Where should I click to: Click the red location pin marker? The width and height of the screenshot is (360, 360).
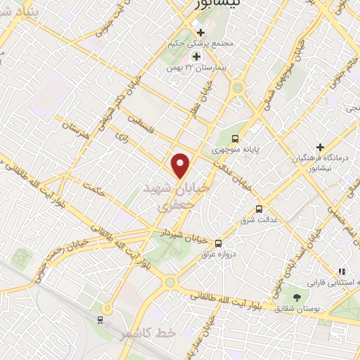(x=181, y=165)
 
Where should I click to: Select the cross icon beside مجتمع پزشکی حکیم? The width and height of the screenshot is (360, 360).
(x=201, y=32)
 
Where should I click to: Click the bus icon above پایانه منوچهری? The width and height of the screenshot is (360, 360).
(x=235, y=139)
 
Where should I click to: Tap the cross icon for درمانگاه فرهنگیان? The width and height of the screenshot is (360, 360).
(x=321, y=147)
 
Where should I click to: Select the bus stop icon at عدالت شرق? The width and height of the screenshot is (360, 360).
(x=259, y=209)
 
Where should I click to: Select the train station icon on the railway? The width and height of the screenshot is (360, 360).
(x=100, y=320)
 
